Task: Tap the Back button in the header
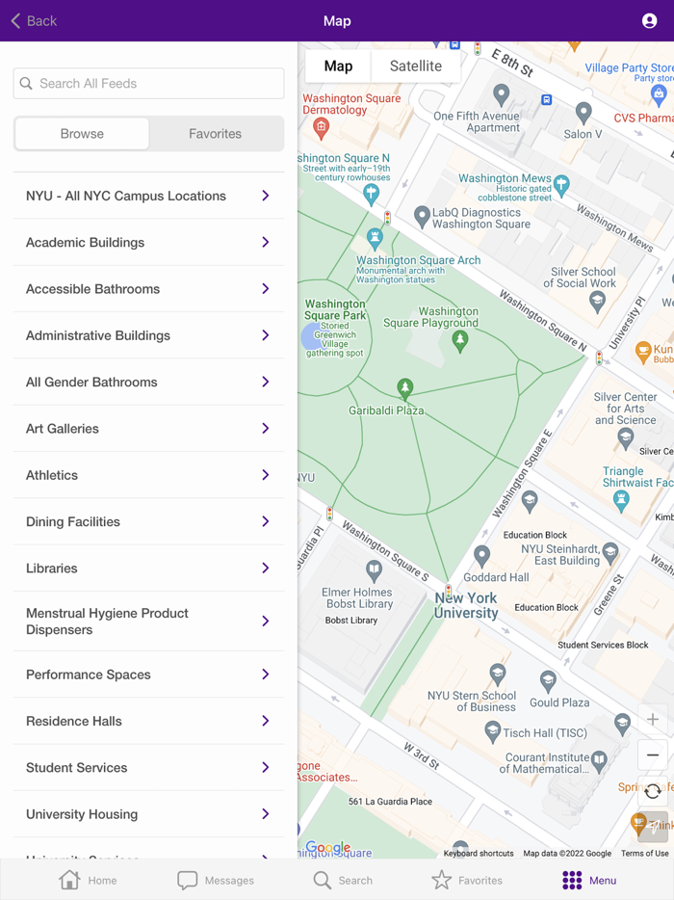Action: click(x=34, y=20)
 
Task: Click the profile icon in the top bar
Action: click(x=649, y=20)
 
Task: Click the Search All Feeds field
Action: click(x=149, y=84)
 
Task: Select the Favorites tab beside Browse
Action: click(x=216, y=134)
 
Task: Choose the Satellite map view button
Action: click(x=415, y=66)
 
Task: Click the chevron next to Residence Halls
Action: click(x=266, y=721)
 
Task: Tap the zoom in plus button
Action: click(x=653, y=720)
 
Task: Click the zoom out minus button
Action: click(x=653, y=755)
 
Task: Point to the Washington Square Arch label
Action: click(x=418, y=260)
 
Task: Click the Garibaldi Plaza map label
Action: click(x=386, y=410)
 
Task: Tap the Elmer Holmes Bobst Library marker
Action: click(x=374, y=569)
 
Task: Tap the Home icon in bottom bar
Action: click(x=69, y=880)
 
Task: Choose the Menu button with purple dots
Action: click(x=589, y=880)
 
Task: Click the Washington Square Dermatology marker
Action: click(x=322, y=127)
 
